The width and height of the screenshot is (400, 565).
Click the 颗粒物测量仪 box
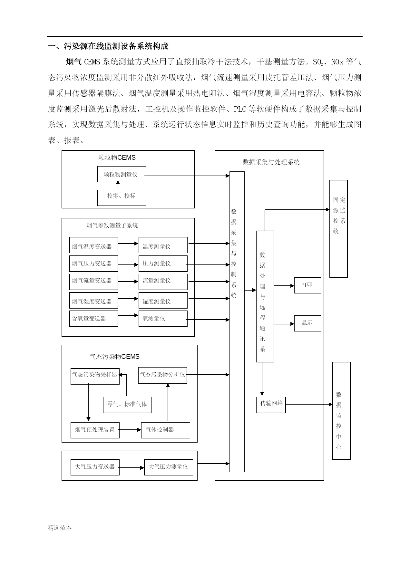click(122, 174)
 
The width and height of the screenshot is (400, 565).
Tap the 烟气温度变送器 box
click(94, 245)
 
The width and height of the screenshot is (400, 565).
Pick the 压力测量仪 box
click(163, 263)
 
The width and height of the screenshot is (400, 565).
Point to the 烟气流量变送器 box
click(94, 282)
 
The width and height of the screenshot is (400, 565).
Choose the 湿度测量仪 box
click(163, 300)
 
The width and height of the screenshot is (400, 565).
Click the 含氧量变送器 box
click(94, 319)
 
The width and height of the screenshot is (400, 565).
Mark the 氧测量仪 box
click(163, 319)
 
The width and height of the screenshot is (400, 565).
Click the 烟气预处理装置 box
click(95, 430)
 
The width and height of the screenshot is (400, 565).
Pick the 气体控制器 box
click(166, 430)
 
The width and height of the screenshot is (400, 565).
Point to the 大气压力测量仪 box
click(169, 467)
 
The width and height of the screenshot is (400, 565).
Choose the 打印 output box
click(307, 285)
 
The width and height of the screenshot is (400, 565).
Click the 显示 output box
click(307, 323)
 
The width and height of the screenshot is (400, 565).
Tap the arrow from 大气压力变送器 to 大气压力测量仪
click(132, 467)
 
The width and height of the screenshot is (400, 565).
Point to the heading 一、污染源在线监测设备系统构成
click(108, 46)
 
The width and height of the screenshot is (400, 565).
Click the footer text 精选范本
click(60, 528)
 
